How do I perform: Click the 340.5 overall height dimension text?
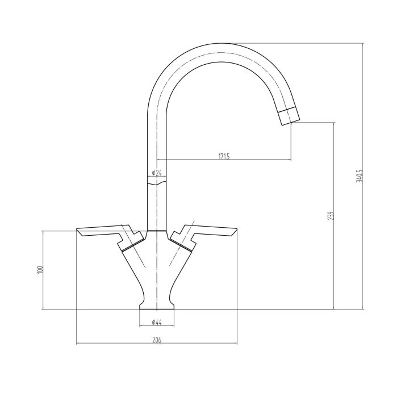359,176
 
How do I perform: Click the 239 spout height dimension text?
330,215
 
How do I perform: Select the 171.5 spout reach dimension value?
224,156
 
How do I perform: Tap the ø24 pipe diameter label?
157,173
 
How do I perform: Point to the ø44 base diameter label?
157,323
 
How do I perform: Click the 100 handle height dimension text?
40,270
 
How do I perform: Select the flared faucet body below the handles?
157,267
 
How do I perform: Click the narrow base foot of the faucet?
157,306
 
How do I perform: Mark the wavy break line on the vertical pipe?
157,182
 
